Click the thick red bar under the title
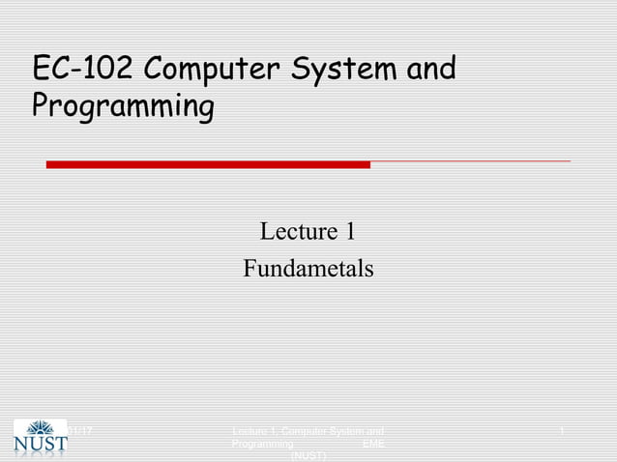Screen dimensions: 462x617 pos(208,164)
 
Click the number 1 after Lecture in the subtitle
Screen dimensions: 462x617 pos(349,232)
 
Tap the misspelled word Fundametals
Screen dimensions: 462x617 pos(308,268)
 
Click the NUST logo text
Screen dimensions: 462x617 pos(41,446)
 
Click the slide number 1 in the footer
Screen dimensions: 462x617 pos(562,429)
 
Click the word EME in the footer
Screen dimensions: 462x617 pos(372,443)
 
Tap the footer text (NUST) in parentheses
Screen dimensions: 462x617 pos(308,455)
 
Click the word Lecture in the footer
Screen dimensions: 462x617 pos(253,430)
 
